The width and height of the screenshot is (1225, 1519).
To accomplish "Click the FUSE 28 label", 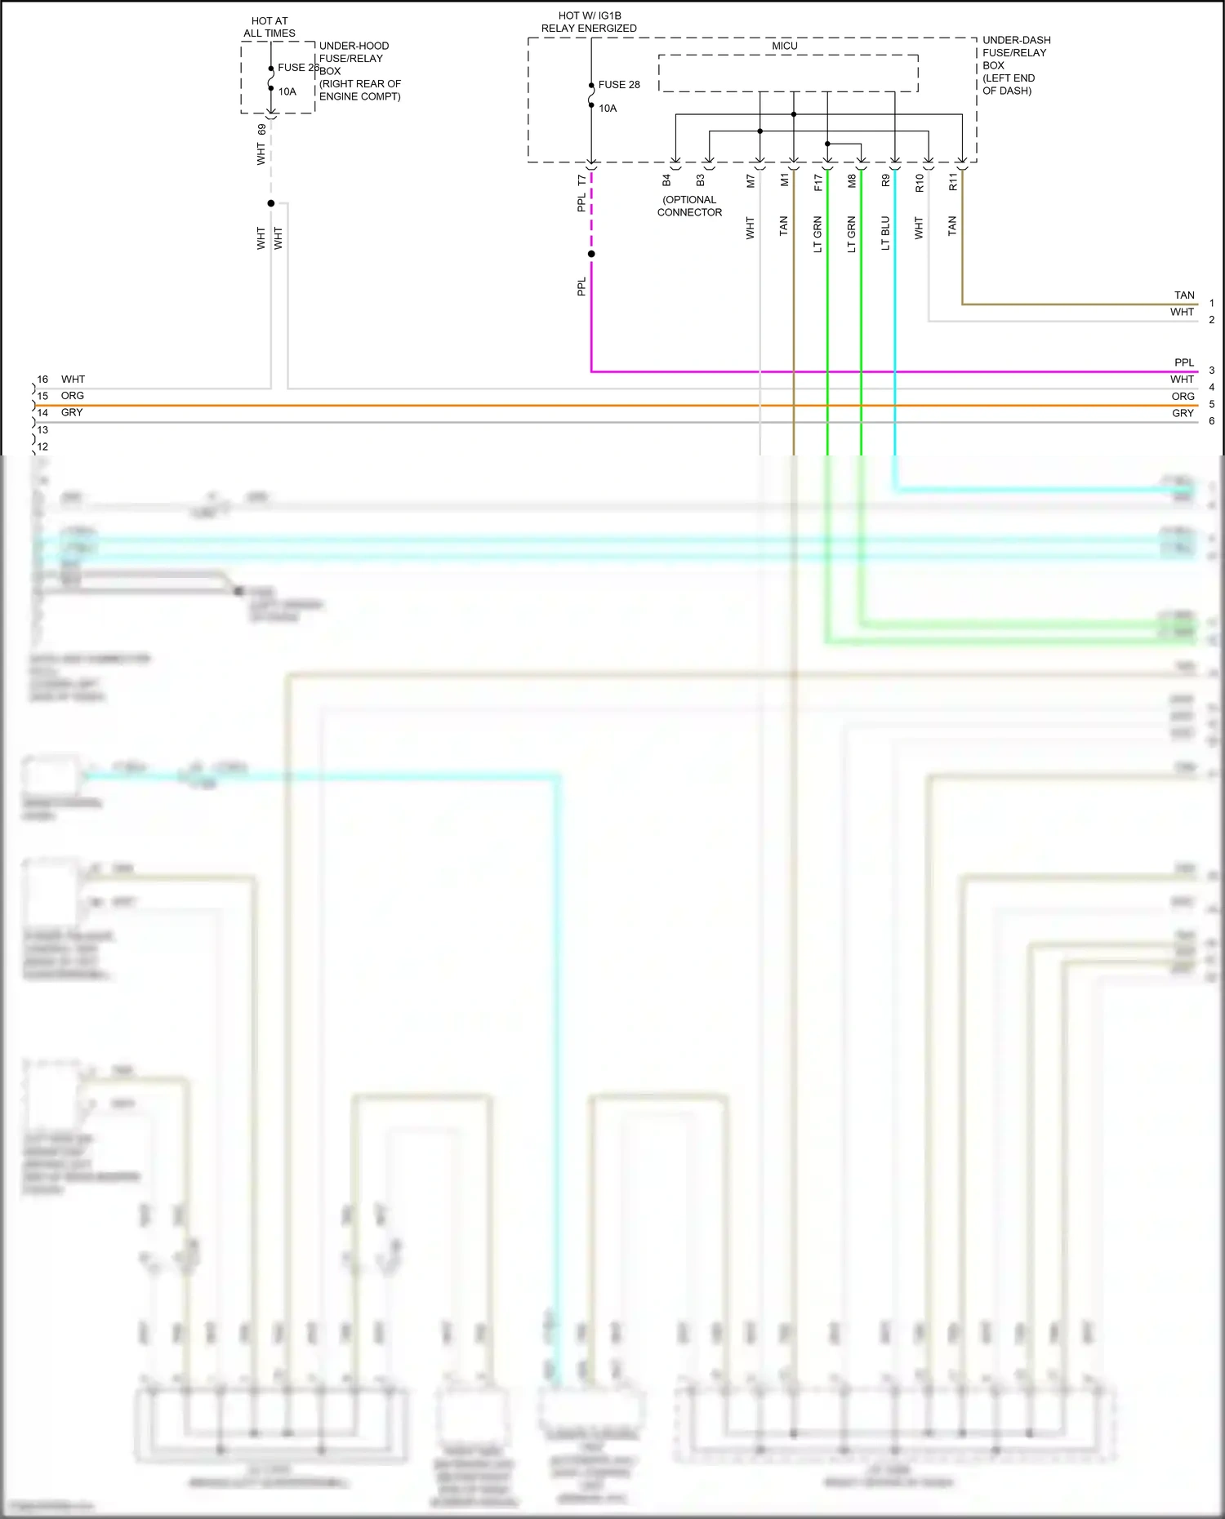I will tap(619, 85).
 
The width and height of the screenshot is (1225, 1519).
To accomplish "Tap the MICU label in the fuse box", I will tap(785, 47).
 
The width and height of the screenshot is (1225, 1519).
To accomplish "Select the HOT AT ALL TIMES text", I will tap(269, 27).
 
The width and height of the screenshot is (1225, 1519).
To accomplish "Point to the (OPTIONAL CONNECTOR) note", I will tap(689, 206).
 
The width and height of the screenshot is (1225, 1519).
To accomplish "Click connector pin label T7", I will tap(581, 180).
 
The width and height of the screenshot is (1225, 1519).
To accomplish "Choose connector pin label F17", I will tap(818, 183).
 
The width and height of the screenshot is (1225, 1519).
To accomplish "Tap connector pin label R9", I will tap(885, 181).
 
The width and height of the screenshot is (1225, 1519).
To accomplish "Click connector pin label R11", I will tap(952, 183).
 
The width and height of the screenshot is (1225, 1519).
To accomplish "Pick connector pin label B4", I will tap(666, 180).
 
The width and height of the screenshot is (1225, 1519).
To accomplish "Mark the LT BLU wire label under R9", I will tap(885, 233).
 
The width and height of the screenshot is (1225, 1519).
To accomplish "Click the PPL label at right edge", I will tap(1184, 362).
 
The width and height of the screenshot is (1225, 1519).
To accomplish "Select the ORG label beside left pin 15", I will tap(73, 396).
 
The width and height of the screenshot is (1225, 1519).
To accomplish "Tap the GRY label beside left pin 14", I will tap(72, 413).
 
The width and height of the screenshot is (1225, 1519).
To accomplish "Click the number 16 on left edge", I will tap(42, 380).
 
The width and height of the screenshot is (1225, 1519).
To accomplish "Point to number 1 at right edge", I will tap(1212, 304).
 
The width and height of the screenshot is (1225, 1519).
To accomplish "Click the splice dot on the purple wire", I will tap(591, 254).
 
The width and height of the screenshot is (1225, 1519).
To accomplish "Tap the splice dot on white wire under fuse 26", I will tap(271, 203).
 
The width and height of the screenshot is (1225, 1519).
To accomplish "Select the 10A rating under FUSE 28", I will tap(608, 109).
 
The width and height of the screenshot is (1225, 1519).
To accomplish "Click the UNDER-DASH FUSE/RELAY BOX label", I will tap(1016, 65).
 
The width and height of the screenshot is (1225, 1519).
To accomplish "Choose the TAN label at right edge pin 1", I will tap(1184, 295).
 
